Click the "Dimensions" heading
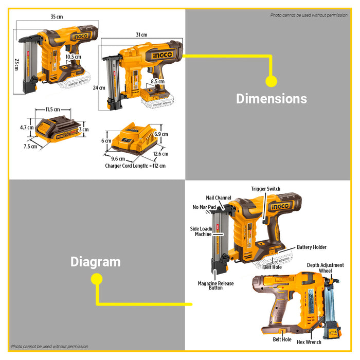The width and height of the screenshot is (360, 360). coord(271,98)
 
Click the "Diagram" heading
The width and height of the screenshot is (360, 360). coord(95,262)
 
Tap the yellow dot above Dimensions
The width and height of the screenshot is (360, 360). coord(271,81)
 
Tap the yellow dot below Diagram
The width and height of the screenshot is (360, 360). coord(96,279)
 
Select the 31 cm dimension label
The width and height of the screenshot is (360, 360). coord(141,34)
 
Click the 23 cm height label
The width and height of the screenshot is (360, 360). coord(16,65)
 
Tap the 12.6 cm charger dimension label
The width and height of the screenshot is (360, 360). coord(160,153)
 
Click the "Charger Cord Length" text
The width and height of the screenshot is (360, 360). coord(135,166)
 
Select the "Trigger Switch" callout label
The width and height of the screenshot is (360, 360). coord(265,189)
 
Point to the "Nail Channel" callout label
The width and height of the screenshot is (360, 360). coord(219,197)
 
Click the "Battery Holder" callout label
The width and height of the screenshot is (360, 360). coord(311,247)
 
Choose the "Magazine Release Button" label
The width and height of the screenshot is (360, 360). coord(215,285)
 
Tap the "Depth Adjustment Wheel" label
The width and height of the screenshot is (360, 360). coord(326,268)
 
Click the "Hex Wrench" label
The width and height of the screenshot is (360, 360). coord(309,342)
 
